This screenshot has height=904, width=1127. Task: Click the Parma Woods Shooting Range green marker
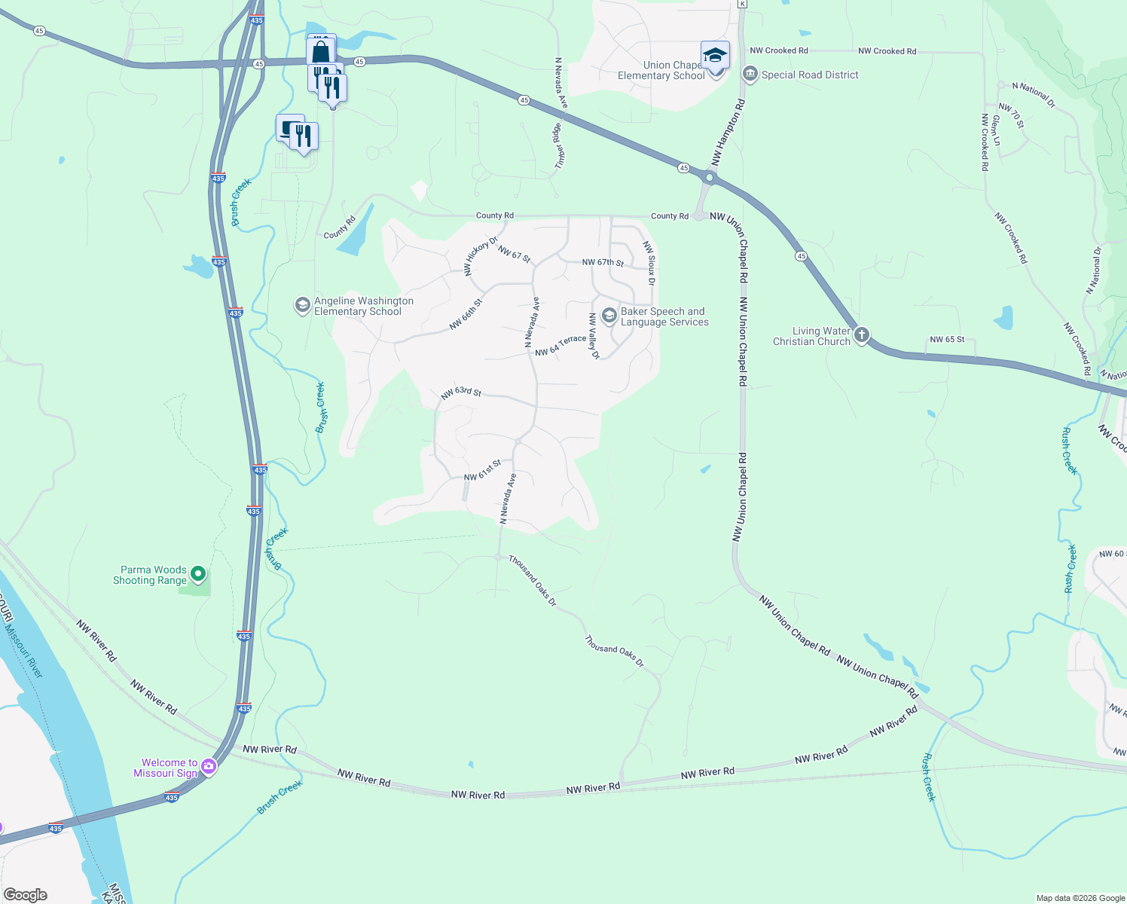(x=198, y=575)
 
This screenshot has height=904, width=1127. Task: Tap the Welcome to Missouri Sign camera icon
(x=209, y=767)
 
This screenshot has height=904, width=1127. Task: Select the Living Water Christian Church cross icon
(x=862, y=335)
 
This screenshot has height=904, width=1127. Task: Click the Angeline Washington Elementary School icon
(x=302, y=305)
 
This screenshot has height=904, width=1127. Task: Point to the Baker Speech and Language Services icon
(x=609, y=316)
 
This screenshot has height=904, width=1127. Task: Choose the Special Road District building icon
(x=750, y=74)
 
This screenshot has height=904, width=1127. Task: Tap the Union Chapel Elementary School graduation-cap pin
(x=715, y=56)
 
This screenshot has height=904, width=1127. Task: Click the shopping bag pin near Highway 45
(x=320, y=52)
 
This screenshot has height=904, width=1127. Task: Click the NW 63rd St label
(x=460, y=393)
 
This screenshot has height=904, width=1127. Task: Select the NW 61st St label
(x=482, y=471)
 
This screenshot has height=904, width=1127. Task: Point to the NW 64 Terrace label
(x=560, y=346)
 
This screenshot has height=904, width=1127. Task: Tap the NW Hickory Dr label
(x=481, y=256)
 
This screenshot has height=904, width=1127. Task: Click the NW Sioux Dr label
(x=649, y=263)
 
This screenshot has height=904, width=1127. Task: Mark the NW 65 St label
(x=947, y=340)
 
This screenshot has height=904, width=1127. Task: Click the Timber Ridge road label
(x=559, y=145)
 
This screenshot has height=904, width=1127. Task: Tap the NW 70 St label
(x=1011, y=116)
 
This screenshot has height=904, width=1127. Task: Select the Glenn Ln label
(x=995, y=130)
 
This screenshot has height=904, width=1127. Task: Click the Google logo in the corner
(x=26, y=895)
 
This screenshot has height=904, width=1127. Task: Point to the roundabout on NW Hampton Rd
(x=710, y=178)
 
